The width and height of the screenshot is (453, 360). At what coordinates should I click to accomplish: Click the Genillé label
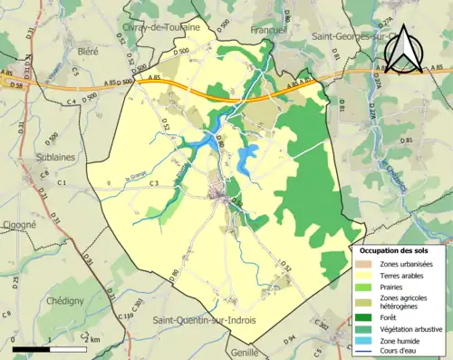click(x=269, y=351)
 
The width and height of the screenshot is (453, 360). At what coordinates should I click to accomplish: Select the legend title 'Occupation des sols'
click(x=400, y=249)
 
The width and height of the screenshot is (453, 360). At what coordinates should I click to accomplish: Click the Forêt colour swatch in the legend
click(x=365, y=316)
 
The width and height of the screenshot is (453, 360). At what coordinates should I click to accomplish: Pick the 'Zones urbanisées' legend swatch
click(x=365, y=263)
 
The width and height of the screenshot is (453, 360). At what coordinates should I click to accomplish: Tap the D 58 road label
click(x=13, y=83)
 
